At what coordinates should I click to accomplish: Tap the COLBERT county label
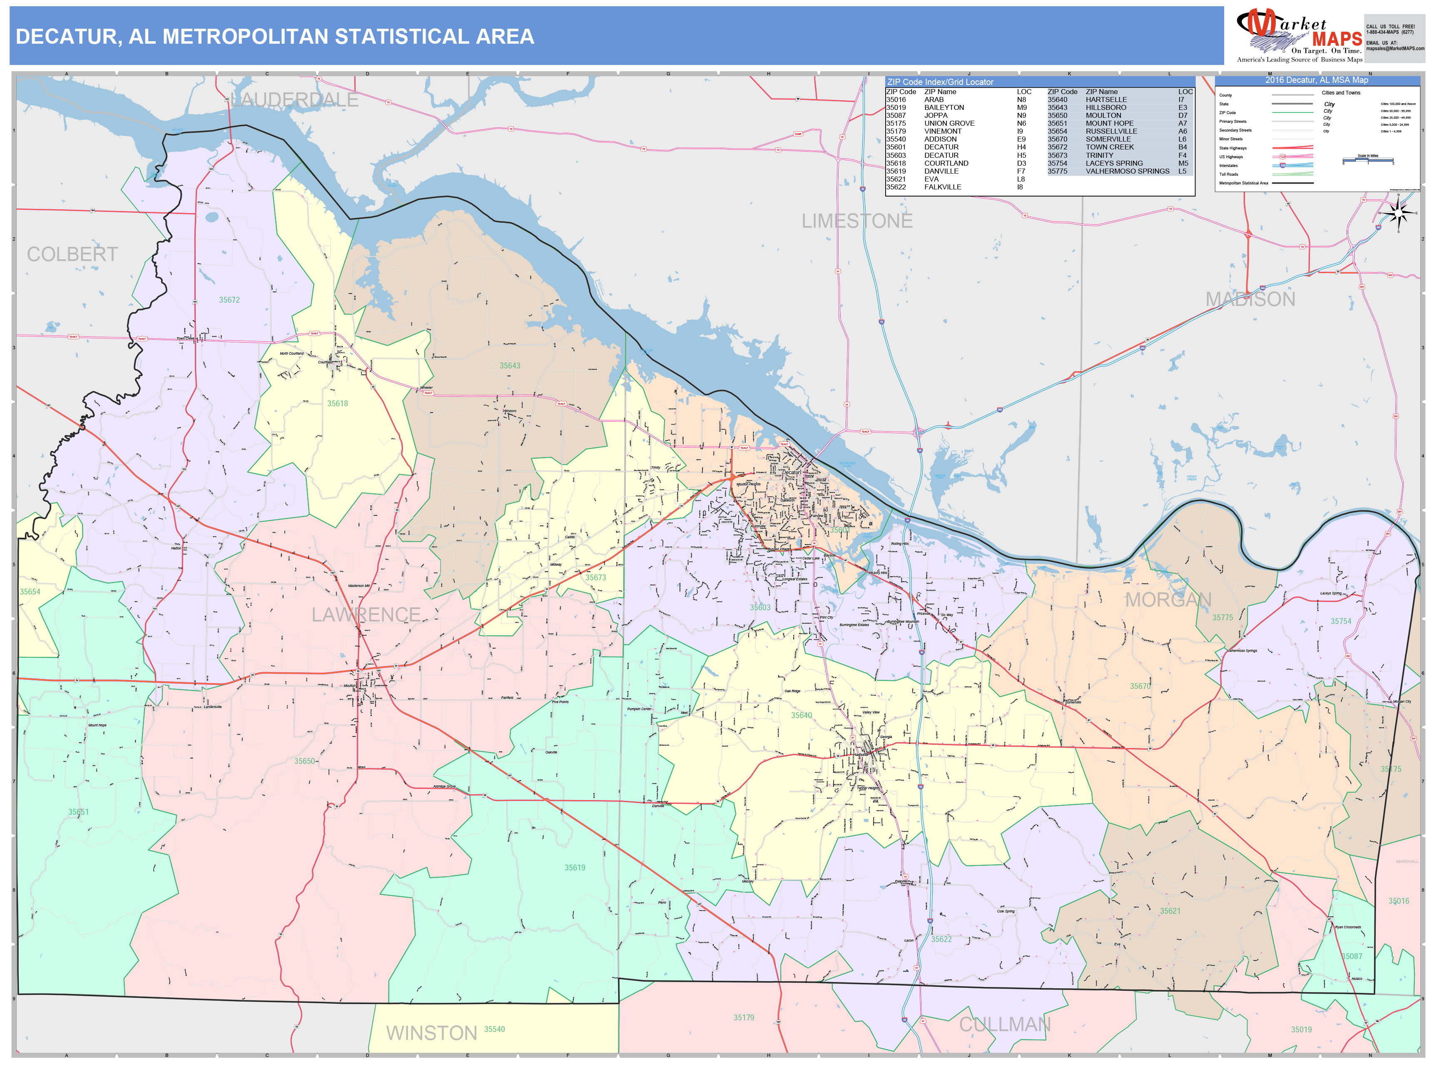tap(72, 254)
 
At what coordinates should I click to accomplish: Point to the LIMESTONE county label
tap(857, 221)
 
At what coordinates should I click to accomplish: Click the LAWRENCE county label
tap(366, 614)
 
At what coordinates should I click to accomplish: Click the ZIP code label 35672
tap(229, 300)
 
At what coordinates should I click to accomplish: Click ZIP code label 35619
tap(575, 868)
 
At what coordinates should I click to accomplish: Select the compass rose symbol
tap(1397, 213)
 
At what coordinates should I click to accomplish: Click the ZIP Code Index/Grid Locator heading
tap(940, 82)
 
